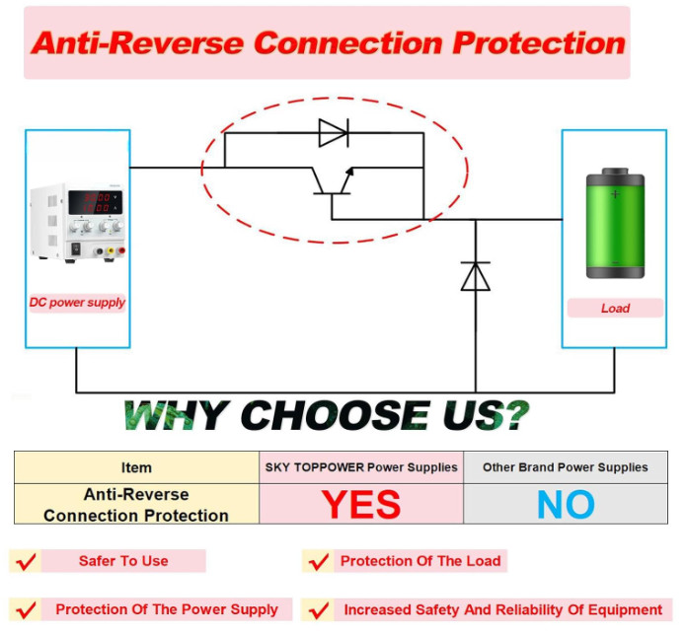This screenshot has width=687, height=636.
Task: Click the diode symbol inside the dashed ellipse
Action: coord(334,133)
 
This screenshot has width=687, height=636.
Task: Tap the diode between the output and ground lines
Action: coord(476,276)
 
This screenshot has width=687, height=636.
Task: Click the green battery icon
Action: coord(615,223)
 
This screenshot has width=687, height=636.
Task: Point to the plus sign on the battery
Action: coord(615,194)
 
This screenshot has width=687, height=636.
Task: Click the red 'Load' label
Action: coord(615,309)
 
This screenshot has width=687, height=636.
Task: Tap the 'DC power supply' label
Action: coord(77,303)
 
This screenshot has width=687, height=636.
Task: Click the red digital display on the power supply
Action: coord(96,202)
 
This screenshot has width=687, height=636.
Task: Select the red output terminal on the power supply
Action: coord(121,250)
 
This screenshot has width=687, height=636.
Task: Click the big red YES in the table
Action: coord(361,504)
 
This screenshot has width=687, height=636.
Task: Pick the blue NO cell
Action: coord(566,504)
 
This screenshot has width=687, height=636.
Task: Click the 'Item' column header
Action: coord(136,467)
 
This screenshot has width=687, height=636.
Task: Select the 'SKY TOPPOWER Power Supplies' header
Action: coord(361,467)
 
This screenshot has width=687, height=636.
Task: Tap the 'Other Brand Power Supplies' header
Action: coord(566,467)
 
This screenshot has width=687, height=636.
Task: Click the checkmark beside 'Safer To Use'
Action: coord(26,561)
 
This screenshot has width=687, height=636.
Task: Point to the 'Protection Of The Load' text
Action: coord(420,561)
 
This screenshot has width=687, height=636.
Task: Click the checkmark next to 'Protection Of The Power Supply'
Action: coord(26,609)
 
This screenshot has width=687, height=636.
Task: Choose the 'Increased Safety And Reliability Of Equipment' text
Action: coord(503,609)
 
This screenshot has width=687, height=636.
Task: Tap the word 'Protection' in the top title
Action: coord(539,43)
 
